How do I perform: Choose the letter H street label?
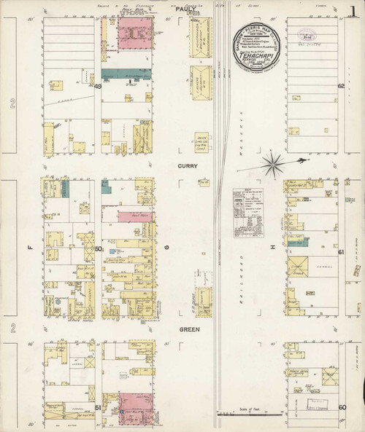pos(274,248)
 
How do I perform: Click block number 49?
pos(97,87)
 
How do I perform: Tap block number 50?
pos(97,248)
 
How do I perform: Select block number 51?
pos(97,409)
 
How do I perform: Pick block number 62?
pos(341,87)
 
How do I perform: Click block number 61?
pos(341,251)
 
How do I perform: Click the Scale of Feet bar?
pos(248,414)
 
